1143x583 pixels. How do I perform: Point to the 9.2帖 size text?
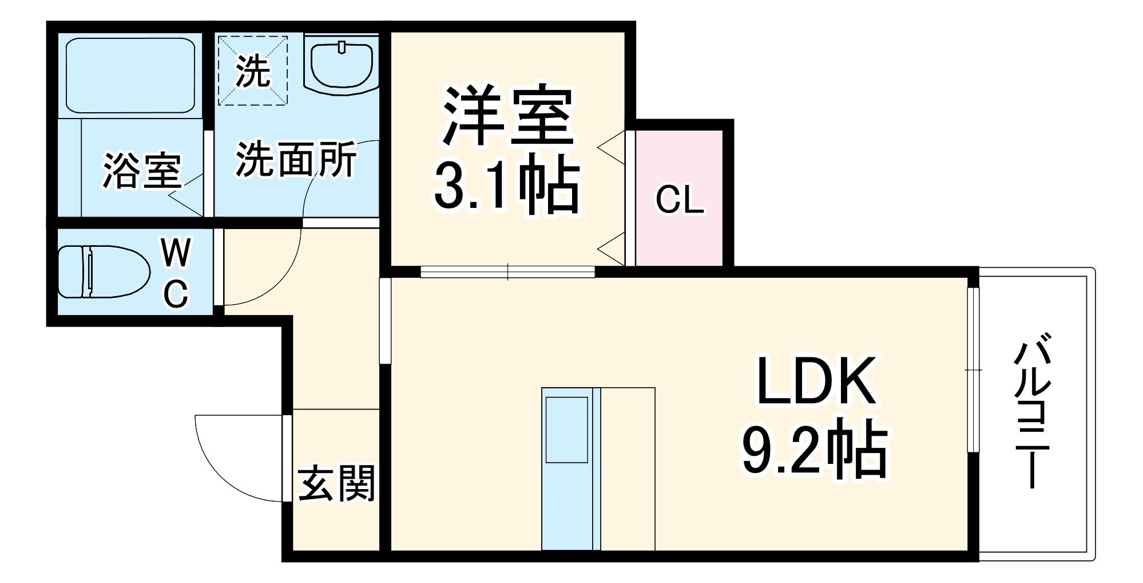click(x=815, y=450)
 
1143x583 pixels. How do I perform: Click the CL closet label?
click(x=679, y=200)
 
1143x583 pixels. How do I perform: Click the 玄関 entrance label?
click(x=336, y=483)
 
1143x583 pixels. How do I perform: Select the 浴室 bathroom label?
click(x=142, y=171)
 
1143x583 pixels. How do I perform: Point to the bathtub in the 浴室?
click(x=130, y=75)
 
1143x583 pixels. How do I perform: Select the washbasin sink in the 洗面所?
click(x=342, y=66)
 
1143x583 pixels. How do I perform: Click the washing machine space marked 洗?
click(x=252, y=70)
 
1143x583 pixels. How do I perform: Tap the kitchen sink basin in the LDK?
click(x=566, y=429)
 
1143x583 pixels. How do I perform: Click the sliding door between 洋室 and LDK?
click(x=507, y=272)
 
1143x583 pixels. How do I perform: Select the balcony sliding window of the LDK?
click(x=973, y=369)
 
